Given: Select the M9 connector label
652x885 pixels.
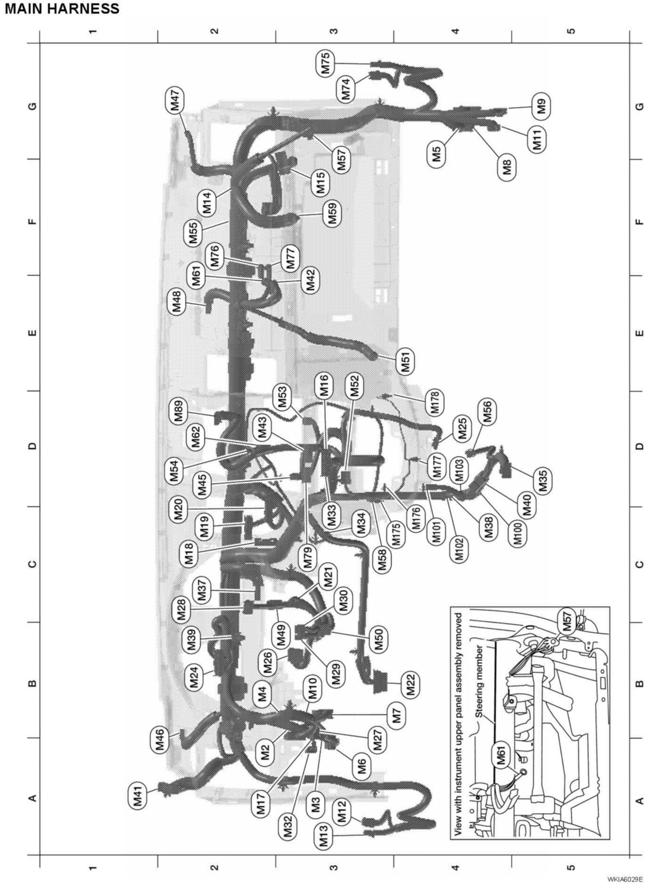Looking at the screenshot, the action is click(x=542, y=106).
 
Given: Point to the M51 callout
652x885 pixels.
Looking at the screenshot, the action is click(x=406, y=361).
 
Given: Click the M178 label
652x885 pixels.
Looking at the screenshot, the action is click(x=435, y=402).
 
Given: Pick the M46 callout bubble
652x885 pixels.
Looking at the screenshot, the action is click(x=160, y=740).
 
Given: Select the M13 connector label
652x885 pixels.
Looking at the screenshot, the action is click(x=324, y=838).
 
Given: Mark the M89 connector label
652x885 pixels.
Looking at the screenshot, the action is click(x=179, y=412).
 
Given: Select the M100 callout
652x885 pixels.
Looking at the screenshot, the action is click(x=518, y=533).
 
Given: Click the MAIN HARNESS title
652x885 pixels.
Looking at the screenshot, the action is click(x=62, y=8).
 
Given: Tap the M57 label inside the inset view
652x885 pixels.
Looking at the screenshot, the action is click(x=566, y=621).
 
